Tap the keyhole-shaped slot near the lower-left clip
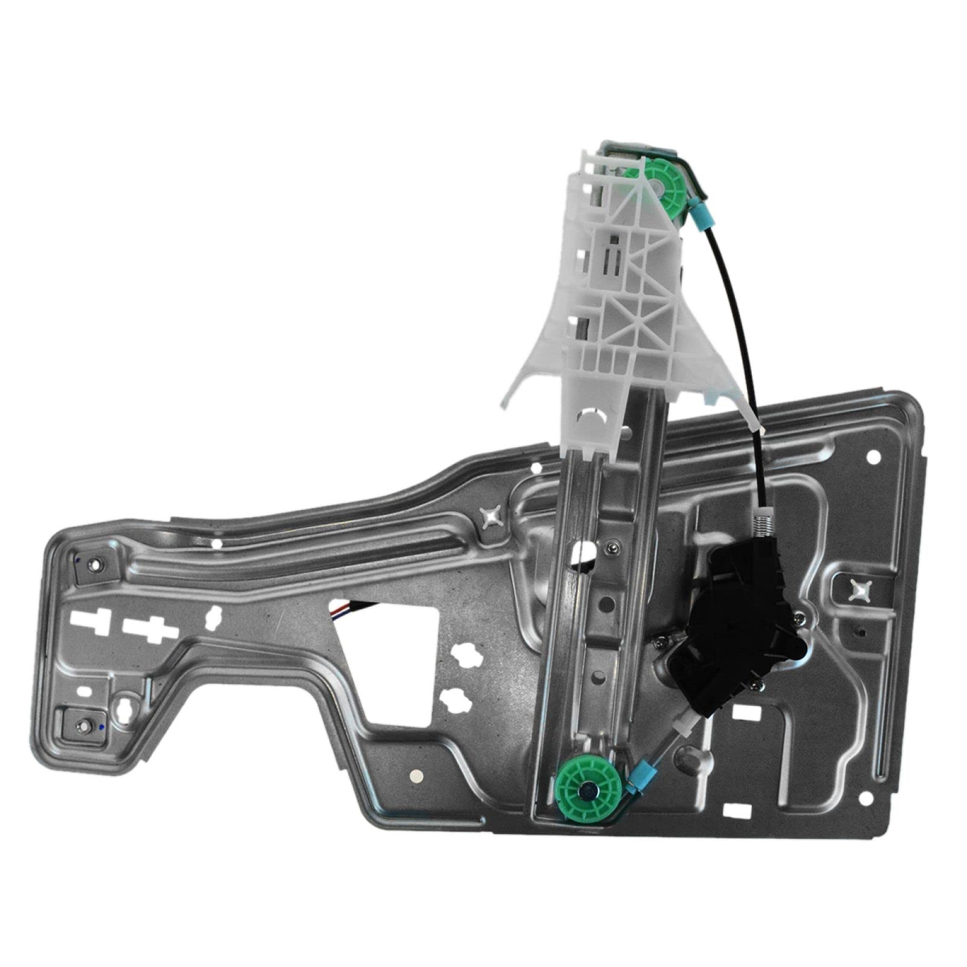pos(126,708)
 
